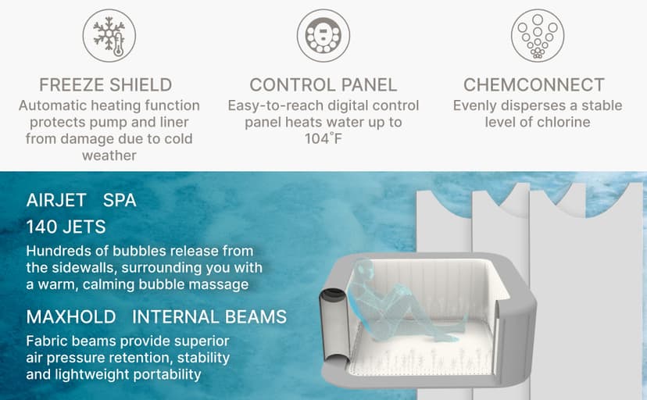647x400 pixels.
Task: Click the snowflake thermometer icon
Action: pyautogui.click(x=109, y=35)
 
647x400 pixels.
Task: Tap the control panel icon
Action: pyautogui.click(x=323, y=35)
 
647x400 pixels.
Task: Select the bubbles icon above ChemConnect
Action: pyautogui.click(x=538, y=35)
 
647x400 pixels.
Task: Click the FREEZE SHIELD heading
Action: pyautogui.click(x=105, y=85)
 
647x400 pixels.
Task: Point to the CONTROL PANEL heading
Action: pyautogui.click(x=323, y=85)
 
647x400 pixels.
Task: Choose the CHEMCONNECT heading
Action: pyautogui.click(x=534, y=85)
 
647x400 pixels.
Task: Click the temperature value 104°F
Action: pyautogui.click(x=323, y=138)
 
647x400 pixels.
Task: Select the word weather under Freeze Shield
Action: pyautogui.click(x=109, y=155)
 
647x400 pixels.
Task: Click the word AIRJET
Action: pyautogui.click(x=56, y=201)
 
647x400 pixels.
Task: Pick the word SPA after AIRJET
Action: pyautogui.click(x=120, y=201)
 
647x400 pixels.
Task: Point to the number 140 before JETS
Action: pyautogui.click(x=41, y=227)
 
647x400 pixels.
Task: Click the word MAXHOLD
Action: pyautogui.click(x=71, y=317)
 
